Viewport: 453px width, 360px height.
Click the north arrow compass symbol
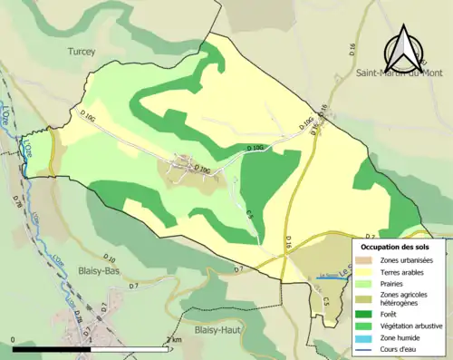click(404, 52)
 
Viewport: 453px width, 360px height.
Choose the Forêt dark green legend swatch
click(368, 313)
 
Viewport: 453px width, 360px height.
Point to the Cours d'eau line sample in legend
click(368, 348)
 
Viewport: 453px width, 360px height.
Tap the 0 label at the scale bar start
click(14, 339)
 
